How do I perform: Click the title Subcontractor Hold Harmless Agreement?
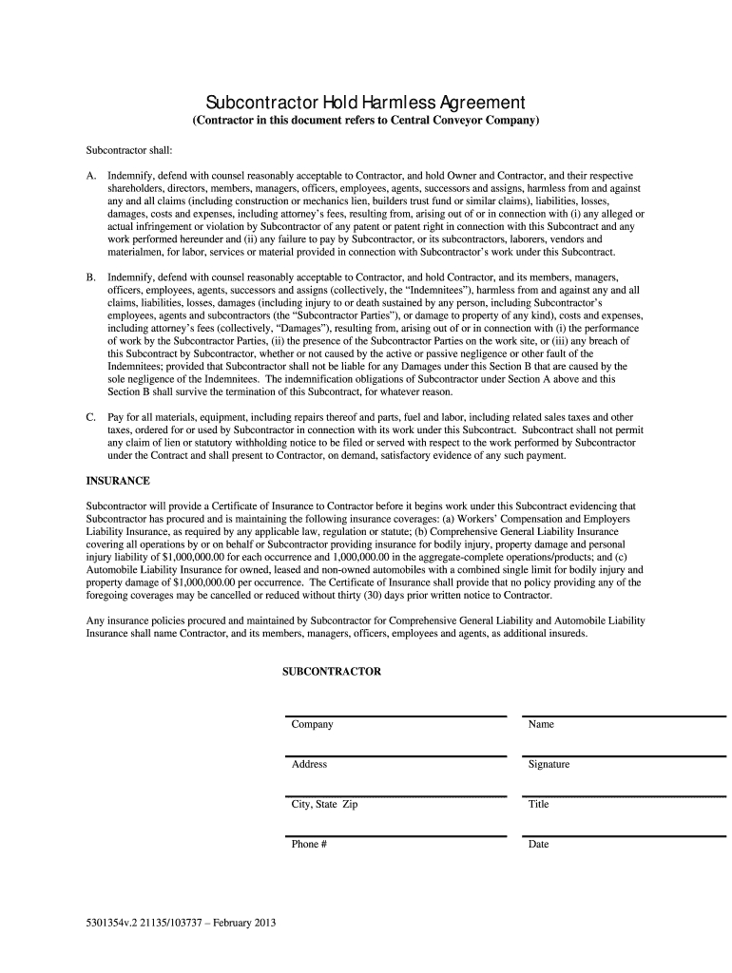click(366, 102)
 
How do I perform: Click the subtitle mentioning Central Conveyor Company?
click(366, 122)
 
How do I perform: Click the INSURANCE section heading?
click(119, 481)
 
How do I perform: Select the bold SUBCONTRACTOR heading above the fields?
click(332, 671)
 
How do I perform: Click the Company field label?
click(312, 725)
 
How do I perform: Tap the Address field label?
click(309, 764)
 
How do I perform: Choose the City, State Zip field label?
click(324, 804)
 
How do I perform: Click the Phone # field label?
click(309, 844)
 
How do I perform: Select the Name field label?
click(541, 725)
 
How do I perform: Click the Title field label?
click(538, 804)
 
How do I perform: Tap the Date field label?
click(538, 844)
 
